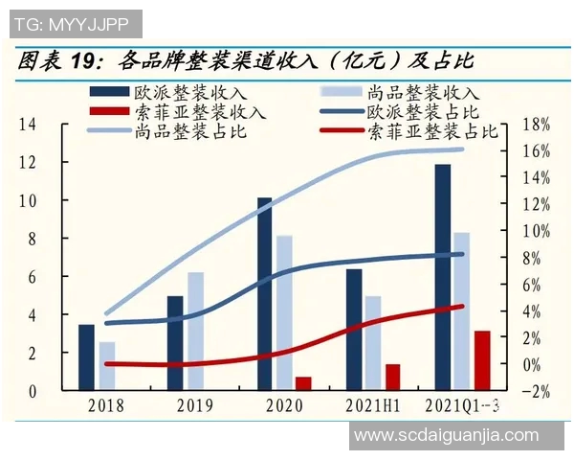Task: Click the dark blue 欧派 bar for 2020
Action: (x=264, y=294)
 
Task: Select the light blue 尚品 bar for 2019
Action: (x=195, y=332)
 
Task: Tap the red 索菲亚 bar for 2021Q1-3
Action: (x=482, y=360)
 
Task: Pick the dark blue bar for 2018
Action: (x=86, y=357)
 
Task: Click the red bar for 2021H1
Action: (x=392, y=377)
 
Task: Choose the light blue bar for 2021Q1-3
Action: (x=461, y=311)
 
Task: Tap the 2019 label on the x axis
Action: (x=195, y=405)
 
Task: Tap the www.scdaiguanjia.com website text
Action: (x=446, y=435)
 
